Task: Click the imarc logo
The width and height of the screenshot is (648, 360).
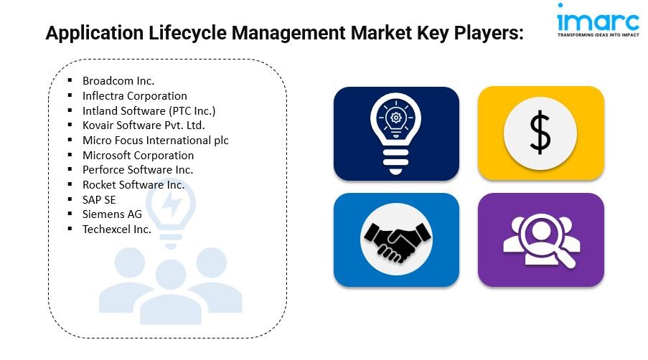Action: click(x=598, y=20)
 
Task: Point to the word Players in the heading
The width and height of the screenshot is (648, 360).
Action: click(x=489, y=33)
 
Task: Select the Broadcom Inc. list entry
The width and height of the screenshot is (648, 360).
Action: click(x=118, y=80)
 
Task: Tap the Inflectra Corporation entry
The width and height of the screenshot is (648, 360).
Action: click(x=135, y=96)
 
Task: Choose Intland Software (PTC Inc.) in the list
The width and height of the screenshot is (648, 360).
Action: click(x=149, y=110)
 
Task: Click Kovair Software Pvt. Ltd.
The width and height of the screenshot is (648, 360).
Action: click(x=144, y=125)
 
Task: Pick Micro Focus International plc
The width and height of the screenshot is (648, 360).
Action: click(x=156, y=141)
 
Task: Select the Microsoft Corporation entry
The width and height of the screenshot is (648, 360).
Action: click(x=138, y=155)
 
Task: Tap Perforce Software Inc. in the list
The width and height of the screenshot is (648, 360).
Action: click(x=138, y=170)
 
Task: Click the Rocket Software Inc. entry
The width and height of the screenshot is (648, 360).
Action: click(x=133, y=184)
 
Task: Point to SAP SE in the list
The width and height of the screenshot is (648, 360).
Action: click(x=99, y=200)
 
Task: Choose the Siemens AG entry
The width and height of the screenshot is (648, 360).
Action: click(x=112, y=214)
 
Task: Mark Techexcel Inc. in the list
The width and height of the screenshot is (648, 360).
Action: click(x=116, y=229)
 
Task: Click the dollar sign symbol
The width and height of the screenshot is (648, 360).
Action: click(x=540, y=134)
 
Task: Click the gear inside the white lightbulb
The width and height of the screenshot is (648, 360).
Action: click(x=396, y=118)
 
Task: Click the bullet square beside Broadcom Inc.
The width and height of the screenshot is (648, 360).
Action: click(x=70, y=80)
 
